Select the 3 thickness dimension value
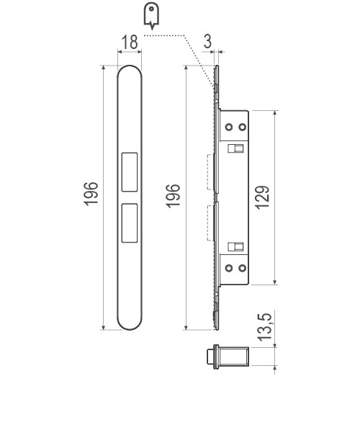[x=207, y=42]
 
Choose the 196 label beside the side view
[x=174, y=196]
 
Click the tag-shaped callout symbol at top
[x=150, y=15]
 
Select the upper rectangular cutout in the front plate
[x=130, y=171]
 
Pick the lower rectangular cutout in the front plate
[x=130, y=222]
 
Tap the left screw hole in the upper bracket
[x=230, y=127]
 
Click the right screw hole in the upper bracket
[x=242, y=127]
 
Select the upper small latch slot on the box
[x=235, y=148]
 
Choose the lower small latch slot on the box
[x=235, y=246]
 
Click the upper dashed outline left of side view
[x=210, y=173]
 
